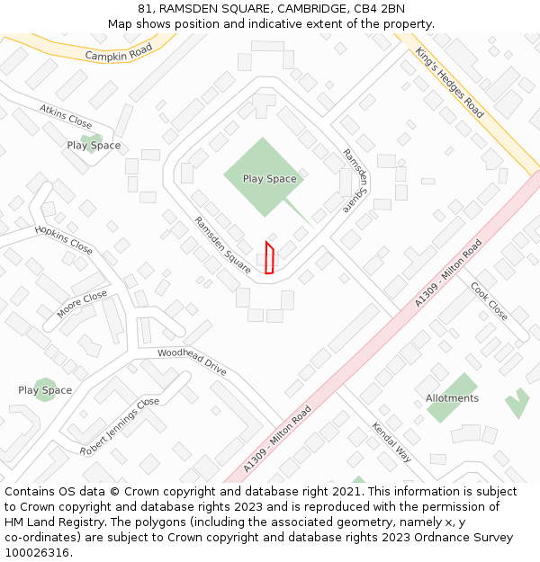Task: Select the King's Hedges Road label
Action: pos(450,83)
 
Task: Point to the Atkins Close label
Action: pos(66,116)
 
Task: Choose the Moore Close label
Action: pos(82,305)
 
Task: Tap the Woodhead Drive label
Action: pos(192,361)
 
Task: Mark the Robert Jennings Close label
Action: pos(119,425)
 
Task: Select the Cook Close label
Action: pos(490,301)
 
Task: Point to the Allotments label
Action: pos(452,398)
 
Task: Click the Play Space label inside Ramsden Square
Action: pos(269,179)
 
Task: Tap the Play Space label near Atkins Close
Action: pos(94,146)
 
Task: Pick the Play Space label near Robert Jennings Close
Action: pos(45,390)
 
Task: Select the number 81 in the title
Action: pos(145,9)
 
